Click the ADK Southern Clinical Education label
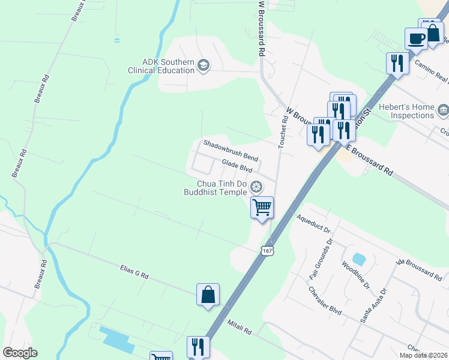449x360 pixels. point(160,66)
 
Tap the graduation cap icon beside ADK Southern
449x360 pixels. point(203,65)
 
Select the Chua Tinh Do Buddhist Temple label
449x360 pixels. point(215,188)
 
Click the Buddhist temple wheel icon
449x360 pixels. point(257,187)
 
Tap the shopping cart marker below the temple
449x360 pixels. point(262,208)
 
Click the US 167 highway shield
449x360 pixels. point(268,250)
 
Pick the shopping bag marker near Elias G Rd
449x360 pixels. point(208,295)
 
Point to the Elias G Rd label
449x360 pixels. point(134,274)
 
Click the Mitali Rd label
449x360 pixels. point(240,327)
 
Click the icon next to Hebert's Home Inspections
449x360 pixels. point(443,110)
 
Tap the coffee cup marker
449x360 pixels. point(415,39)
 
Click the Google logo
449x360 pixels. point(20,353)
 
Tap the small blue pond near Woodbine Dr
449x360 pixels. point(359,259)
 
